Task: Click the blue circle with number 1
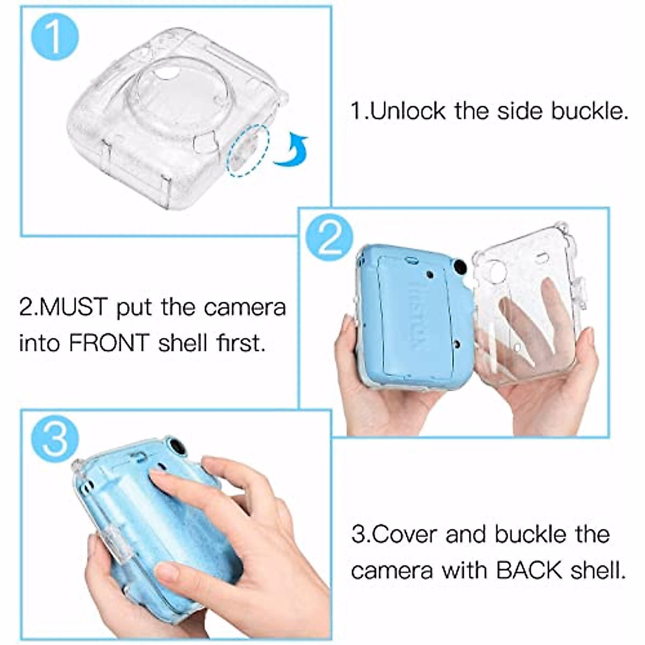(x=55, y=37)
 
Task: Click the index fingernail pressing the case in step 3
(x=158, y=477)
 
